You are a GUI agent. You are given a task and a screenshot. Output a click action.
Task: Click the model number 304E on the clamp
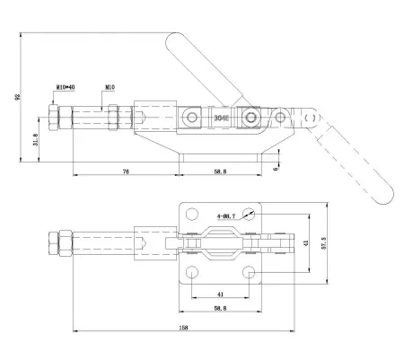click(x=221, y=118)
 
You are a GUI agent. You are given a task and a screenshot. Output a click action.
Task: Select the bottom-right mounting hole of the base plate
click(x=250, y=271)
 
